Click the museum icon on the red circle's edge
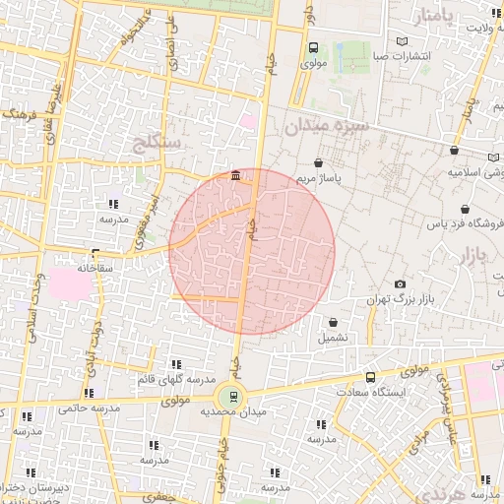click(x=236, y=176)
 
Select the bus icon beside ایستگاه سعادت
click(x=370, y=377)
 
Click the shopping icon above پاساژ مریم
click(x=318, y=162)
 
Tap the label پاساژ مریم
click(x=319, y=179)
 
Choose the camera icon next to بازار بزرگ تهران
click(x=400, y=284)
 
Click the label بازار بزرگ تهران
click(x=398, y=299)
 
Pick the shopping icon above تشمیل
click(x=333, y=322)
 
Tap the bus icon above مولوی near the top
click(x=313, y=47)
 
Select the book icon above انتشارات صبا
click(x=401, y=41)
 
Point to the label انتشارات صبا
click(x=401, y=57)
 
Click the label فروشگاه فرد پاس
click(x=459, y=223)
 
